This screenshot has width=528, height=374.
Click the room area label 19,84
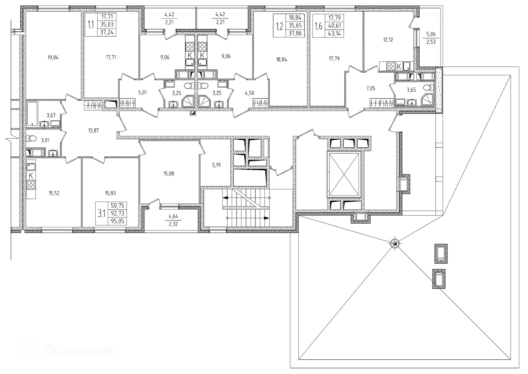(x=53, y=58)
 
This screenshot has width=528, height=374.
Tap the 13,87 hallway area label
(x=93, y=131)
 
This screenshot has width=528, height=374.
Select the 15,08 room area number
(x=168, y=174)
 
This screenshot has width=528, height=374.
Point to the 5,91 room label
(x=216, y=165)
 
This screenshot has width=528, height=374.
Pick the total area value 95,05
(x=117, y=221)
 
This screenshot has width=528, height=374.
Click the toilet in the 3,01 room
(x=32, y=138)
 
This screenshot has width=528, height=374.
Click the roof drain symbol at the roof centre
(x=395, y=243)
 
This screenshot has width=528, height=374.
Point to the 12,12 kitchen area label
(x=388, y=40)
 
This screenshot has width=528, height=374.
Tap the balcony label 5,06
(x=431, y=34)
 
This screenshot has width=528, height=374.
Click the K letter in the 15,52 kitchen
(x=31, y=175)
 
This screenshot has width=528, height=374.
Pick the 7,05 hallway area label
(x=370, y=88)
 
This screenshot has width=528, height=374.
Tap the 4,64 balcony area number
(x=173, y=216)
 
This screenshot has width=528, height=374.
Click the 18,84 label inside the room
(x=282, y=59)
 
